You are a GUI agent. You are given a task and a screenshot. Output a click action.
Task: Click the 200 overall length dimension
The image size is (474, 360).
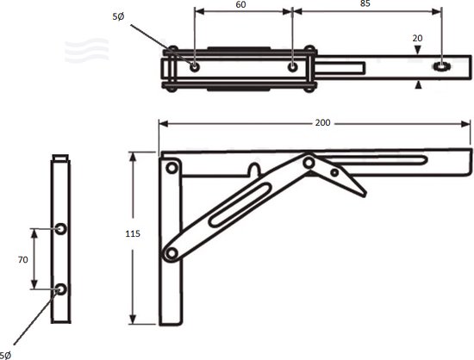tap(321, 123)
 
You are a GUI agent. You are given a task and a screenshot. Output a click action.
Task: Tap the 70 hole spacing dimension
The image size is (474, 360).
tap(24, 258)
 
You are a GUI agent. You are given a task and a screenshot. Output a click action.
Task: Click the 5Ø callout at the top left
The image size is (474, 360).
tap(117, 16)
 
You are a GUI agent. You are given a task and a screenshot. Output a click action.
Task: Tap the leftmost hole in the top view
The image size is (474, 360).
tap(196, 66)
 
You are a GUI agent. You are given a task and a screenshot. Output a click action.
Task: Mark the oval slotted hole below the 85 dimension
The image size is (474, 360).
tap(442, 66)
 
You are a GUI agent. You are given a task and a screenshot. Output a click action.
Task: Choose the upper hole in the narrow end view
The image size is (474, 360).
tap(60, 227)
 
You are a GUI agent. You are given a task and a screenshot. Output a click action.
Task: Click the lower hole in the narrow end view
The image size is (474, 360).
tap(60, 289)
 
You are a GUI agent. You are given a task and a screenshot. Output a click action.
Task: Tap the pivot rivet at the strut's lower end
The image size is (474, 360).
tap(172, 252)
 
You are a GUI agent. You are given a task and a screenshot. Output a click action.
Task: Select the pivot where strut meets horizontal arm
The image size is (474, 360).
tap(308, 163)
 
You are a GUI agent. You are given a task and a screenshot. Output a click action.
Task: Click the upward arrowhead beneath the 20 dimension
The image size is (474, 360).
tap(418, 84)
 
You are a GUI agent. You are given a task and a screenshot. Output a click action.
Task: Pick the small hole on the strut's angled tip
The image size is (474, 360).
tap(336, 171)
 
